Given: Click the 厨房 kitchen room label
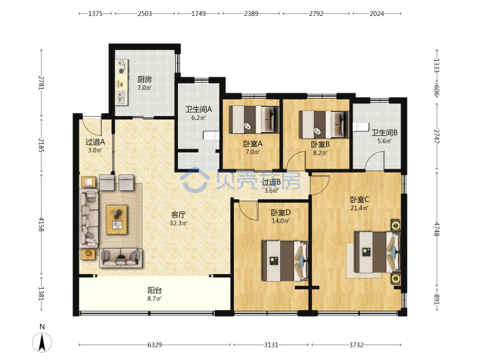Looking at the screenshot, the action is [144, 79].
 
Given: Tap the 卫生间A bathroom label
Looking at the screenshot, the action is [199, 109].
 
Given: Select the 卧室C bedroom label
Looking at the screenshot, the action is [359, 199].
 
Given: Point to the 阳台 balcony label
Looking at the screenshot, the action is [155, 290].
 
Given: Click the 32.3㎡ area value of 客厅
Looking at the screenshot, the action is [179, 223].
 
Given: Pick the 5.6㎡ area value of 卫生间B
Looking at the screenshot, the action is [385, 141].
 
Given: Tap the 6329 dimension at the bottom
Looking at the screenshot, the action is [155, 345].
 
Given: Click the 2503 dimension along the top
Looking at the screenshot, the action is [145, 13].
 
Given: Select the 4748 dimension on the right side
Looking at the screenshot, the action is [437, 229].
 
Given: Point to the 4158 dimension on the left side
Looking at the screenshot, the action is [41, 224].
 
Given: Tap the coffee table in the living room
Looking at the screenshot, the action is [117, 219].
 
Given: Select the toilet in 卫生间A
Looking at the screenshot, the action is [211, 135].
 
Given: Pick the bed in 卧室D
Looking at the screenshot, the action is [285, 261].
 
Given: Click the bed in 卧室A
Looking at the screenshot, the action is [254, 119].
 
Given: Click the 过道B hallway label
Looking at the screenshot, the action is [271, 182].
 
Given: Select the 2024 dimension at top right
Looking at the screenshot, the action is [377, 13].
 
